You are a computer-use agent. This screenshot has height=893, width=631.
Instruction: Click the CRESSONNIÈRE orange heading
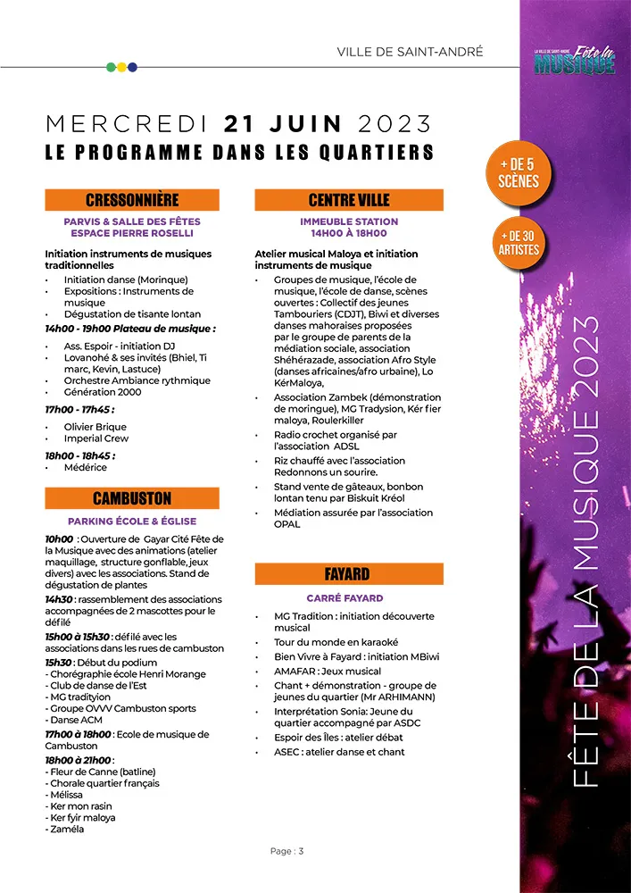(x=132, y=200)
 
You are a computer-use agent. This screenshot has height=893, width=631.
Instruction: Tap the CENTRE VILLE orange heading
(x=349, y=200)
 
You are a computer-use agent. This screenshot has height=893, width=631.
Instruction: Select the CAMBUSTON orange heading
(x=132, y=498)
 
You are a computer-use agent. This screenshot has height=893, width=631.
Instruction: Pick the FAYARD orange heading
(x=349, y=574)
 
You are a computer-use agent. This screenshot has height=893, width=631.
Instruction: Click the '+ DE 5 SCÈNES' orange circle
(x=519, y=173)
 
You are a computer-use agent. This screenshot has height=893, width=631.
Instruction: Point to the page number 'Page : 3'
(x=287, y=851)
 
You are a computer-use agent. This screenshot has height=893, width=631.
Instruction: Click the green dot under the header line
(x=111, y=67)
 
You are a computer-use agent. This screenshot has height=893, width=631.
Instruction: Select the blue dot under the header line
(x=133, y=67)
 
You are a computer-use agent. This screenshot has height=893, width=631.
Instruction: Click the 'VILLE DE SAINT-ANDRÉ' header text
(x=410, y=52)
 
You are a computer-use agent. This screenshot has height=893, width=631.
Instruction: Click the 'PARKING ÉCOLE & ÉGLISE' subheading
(x=132, y=522)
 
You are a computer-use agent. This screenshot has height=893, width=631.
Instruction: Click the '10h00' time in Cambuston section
(x=59, y=539)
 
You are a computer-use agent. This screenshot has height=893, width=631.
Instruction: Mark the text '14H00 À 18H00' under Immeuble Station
(x=349, y=233)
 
